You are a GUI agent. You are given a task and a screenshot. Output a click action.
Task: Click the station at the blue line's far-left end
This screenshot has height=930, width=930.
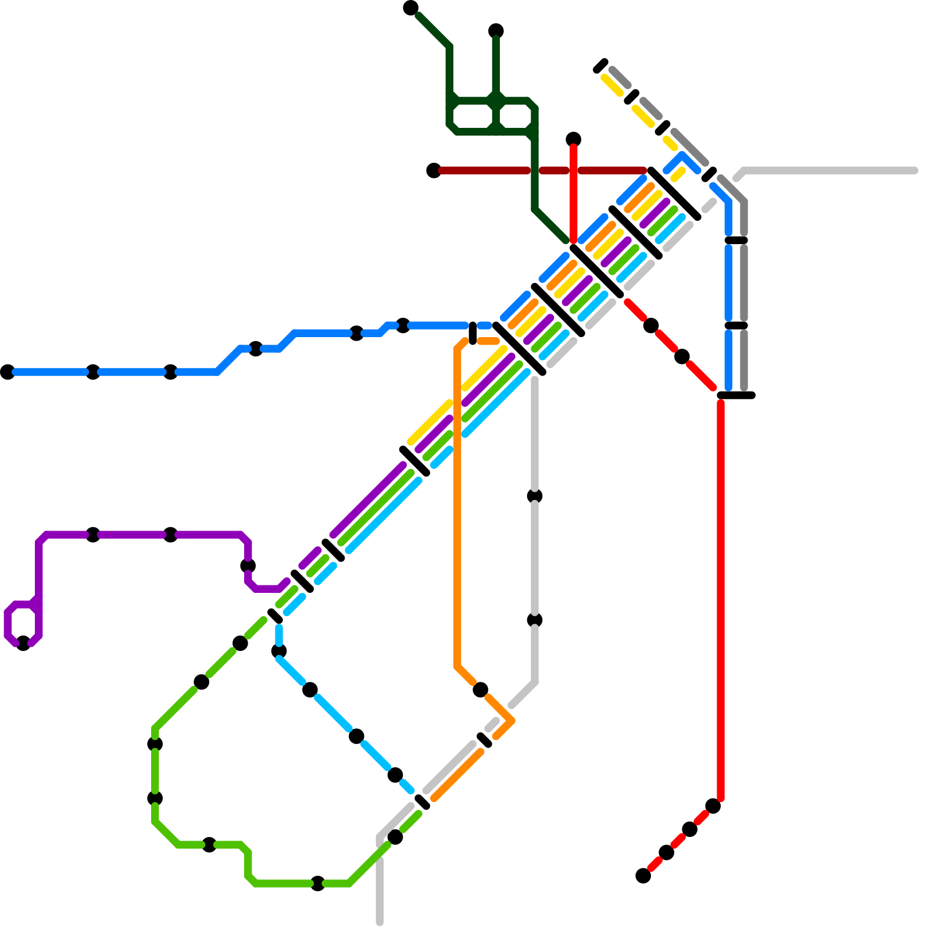[x=8, y=372]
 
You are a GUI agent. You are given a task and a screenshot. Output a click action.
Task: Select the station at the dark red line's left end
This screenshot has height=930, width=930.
[x=434, y=170]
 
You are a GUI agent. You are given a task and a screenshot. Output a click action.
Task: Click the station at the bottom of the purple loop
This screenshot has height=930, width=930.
[x=23, y=643]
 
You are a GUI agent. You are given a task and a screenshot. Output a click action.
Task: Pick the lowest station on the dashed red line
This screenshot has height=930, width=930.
[x=643, y=875]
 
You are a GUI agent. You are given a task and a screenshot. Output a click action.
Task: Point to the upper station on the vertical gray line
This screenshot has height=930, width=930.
[x=535, y=496]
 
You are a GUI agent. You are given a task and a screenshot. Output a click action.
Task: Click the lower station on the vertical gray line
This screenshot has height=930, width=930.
[x=535, y=620]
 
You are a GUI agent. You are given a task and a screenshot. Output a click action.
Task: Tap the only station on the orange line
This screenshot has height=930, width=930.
[x=480, y=690]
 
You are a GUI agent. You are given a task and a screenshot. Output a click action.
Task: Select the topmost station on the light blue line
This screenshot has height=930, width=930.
[x=279, y=651]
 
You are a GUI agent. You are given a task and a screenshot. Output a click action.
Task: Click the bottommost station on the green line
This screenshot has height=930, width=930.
[x=317, y=884]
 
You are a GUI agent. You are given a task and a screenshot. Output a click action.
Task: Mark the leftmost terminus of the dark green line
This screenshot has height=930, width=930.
[x=411, y=8]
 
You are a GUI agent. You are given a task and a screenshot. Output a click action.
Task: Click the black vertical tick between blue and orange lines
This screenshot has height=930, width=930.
[x=473, y=333]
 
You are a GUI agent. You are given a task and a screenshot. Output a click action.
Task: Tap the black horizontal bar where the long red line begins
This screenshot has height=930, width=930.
[x=736, y=395]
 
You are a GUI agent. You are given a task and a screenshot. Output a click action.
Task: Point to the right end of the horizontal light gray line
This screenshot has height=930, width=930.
[x=914, y=170]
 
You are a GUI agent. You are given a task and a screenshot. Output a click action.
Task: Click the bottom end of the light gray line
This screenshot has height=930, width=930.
[x=380, y=922]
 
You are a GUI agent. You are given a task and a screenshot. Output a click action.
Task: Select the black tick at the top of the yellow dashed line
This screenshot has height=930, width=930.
[x=600, y=66]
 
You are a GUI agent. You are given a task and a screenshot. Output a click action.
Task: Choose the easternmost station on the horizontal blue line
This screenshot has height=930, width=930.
[x=403, y=325]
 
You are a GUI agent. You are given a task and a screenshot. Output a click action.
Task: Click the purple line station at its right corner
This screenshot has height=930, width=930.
[x=248, y=566]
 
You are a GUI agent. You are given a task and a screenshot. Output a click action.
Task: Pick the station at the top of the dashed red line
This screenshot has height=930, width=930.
[x=713, y=806]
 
